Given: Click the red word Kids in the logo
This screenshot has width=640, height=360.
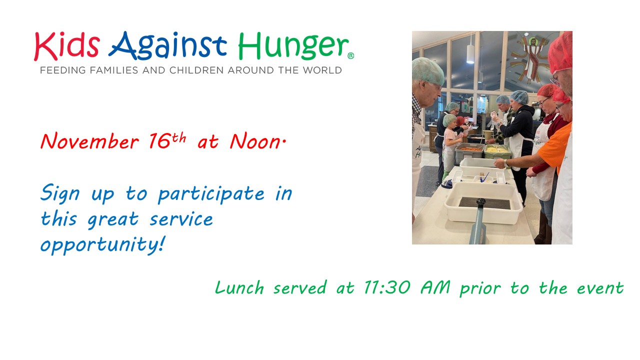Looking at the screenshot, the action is pyautogui.click(x=67, y=46).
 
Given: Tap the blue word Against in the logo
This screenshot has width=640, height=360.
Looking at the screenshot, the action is pyautogui.click(x=167, y=46).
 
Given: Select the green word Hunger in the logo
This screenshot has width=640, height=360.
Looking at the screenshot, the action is pyautogui.click(x=293, y=46).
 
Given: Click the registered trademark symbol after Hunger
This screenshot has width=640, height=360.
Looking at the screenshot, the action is pyautogui.click(x=351, y=55).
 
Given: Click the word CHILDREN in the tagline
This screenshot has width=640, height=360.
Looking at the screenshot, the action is pyautogui.click(x=197, y=70).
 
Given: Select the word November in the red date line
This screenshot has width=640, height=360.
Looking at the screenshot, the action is pyautogui.click(x=89, y=141).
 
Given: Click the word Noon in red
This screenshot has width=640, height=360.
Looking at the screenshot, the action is pyautogui.click(x=255, y=141).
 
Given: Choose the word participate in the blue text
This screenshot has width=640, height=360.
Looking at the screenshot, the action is pyautogui.click(x=211, y=194).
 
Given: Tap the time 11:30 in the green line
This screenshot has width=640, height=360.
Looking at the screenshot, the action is pyautogui.click(x=387, y=287).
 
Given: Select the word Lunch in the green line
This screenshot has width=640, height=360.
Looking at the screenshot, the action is pyautogui.click(x=239, y=287).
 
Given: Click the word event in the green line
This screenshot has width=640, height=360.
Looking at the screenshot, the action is pyautogui.click(x=600, y=288).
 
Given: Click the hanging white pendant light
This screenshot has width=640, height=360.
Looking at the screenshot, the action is pyautogui.click(x=470, y=53).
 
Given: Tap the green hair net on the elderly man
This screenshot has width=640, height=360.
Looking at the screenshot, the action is pyautogui.click(x=427, y=71).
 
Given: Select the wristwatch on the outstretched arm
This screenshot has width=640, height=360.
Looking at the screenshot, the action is pyautogui.click(x=506, y=163).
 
